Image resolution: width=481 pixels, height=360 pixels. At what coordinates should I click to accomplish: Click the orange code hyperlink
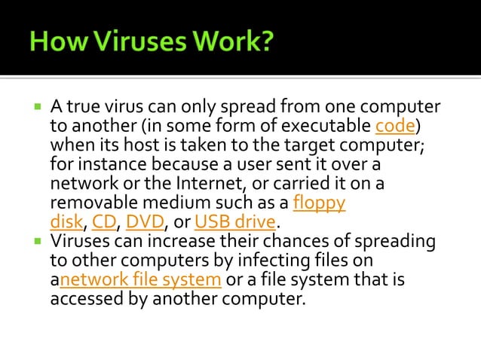point(395,125)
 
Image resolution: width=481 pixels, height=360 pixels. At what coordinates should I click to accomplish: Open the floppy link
point(319,203)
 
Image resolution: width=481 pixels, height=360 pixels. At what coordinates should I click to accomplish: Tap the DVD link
point(144,222)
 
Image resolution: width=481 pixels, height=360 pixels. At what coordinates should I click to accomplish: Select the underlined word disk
point(67,222)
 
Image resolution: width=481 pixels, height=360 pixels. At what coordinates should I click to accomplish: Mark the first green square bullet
point(37,106)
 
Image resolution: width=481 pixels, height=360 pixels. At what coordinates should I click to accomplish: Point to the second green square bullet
point(37,242)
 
